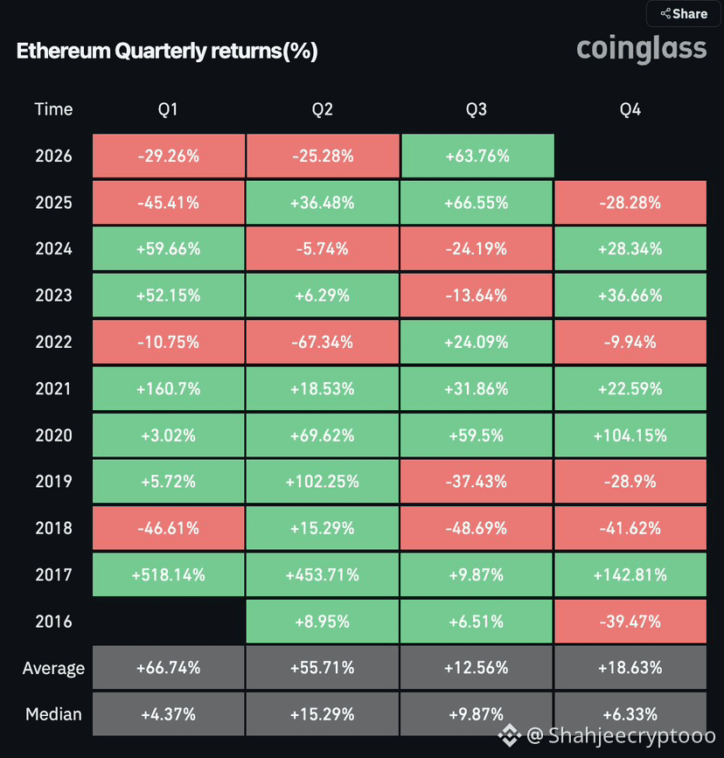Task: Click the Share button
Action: tap(684, 13)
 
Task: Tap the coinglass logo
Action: tap(641, 49)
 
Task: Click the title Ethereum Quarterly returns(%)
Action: tap(167, 51)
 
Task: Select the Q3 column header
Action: tap(476, 109)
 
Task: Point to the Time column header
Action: tap(53, 109)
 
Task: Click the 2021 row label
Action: tap(53, 389)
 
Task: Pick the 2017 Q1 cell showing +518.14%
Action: tap(168, 574)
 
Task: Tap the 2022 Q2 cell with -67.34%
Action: tap(323, 342)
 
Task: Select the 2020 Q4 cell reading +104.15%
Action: tap(630, 435)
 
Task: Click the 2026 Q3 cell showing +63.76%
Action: tap(477, 156)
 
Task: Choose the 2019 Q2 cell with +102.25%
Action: tap(323, 482)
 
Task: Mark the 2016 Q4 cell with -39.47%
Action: tap(630, 622)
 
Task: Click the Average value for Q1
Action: tap(168, 668)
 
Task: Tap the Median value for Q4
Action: tap(630, 714)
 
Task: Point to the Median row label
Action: tap(53, 714)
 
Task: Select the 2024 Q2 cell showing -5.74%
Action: tap(323, 249)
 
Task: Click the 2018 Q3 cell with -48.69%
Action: tap(477, 528)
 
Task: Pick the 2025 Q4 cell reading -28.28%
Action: tap(630, 203)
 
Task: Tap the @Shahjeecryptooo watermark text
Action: tap(621, 735)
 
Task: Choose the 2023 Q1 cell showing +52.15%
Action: tap(168, 296)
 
